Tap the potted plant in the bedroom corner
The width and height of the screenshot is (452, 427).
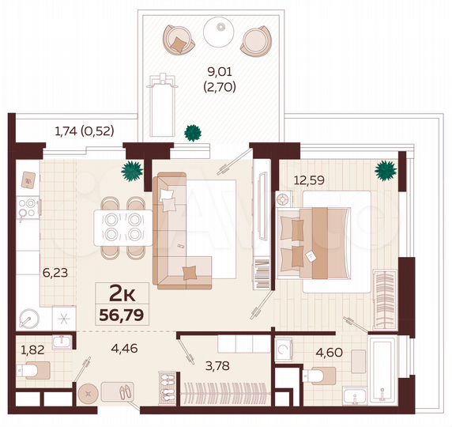tap(385, 169)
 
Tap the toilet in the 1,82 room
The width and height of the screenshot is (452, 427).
tap(36, 370)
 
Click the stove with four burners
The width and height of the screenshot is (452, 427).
tap(28, 207)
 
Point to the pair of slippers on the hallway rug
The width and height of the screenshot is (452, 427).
tap(123, 392)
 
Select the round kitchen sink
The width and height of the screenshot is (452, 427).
tap(28, 320)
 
